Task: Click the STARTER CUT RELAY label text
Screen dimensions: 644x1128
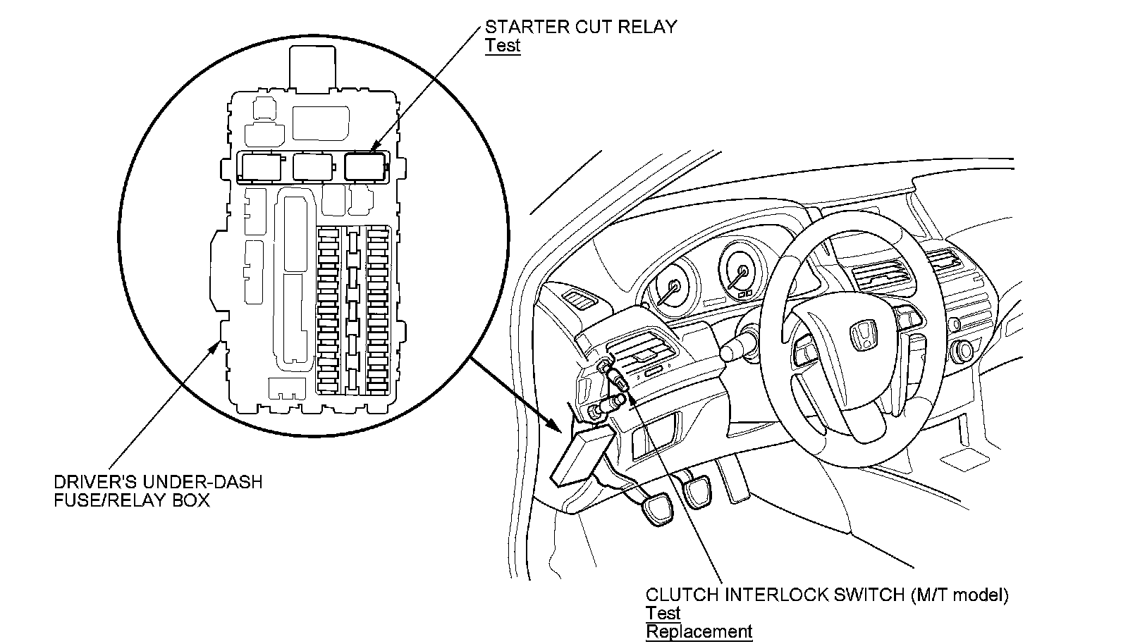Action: point(580,27)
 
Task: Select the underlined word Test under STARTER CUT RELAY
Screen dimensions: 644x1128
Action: point(502,46)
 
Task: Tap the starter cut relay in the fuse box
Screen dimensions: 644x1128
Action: point(365,167)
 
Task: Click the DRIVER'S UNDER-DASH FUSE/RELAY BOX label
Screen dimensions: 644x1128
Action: point(158,491)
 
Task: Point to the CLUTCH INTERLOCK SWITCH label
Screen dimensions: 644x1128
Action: point(826,595)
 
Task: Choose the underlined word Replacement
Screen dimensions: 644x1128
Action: point(698,631)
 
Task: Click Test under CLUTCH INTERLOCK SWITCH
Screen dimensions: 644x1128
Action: point(663,613)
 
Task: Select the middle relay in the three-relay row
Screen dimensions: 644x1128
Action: point(314,167)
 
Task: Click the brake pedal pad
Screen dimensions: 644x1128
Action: point(698,490)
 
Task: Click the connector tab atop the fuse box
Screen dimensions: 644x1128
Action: point(312,67)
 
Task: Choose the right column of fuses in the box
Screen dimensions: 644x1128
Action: point(379,310)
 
